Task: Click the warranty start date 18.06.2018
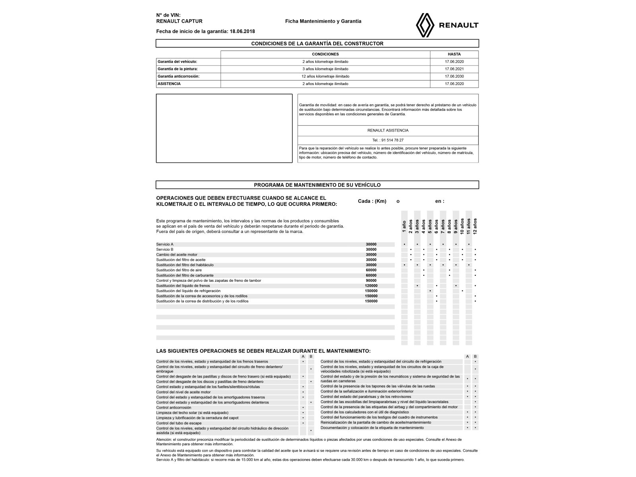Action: pos(242,31)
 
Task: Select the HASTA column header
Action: pos(454,54)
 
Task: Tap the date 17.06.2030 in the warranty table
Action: pos(454,76)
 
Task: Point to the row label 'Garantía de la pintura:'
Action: pos(178,69)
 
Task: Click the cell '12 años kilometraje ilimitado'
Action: pos(325,76)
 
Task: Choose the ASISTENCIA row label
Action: pos(169,84)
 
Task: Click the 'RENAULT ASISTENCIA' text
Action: pos(388,130)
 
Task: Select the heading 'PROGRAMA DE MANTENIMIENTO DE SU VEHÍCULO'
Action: pos(317,185)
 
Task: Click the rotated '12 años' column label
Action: pos(475,226)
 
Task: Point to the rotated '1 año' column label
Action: pos(404,227)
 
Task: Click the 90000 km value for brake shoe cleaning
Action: pos(371,281)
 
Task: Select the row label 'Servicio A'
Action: pos(165,244)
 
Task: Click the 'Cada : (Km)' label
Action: pos(372,201)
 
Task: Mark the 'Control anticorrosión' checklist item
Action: pos(174,408)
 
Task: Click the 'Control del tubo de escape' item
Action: pos(179,423)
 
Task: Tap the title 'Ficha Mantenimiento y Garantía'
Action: pos(323,21)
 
